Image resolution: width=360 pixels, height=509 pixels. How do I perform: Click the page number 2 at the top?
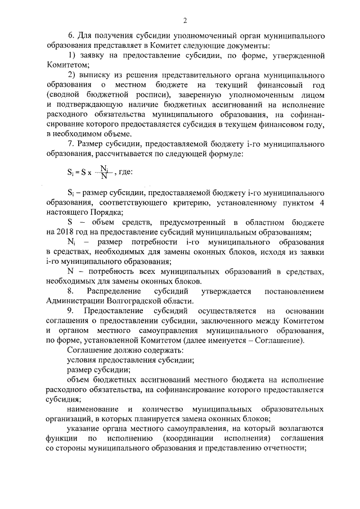click(x=184, y=21)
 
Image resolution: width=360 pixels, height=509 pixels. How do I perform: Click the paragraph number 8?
click(x=71, y=291)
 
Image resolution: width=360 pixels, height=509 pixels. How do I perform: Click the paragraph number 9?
click(x=70, y=311)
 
